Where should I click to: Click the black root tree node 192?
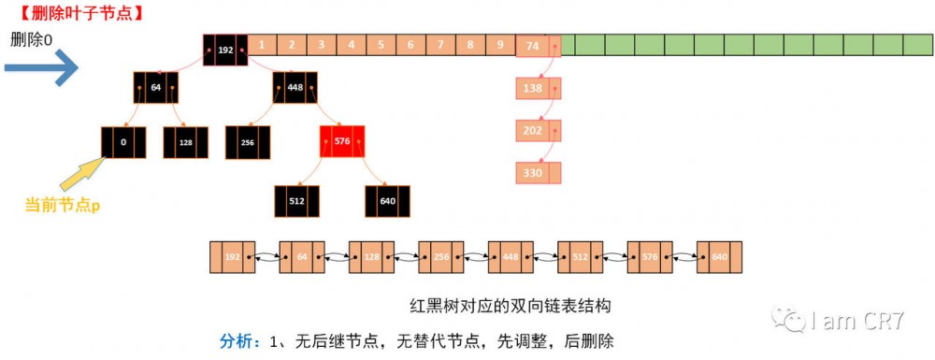[225, 50]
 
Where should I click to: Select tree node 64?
[155, 88]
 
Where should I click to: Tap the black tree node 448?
[295, 88]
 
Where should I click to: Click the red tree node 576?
[341, 142]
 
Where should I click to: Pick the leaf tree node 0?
[123, 142]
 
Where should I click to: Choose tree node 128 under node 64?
[185, 142]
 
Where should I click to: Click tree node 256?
[248, 142]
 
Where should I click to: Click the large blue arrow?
[41, 67]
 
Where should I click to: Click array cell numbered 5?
[381, 44]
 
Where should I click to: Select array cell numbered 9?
[500, 44]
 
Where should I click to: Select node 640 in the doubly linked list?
[720, 256]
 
